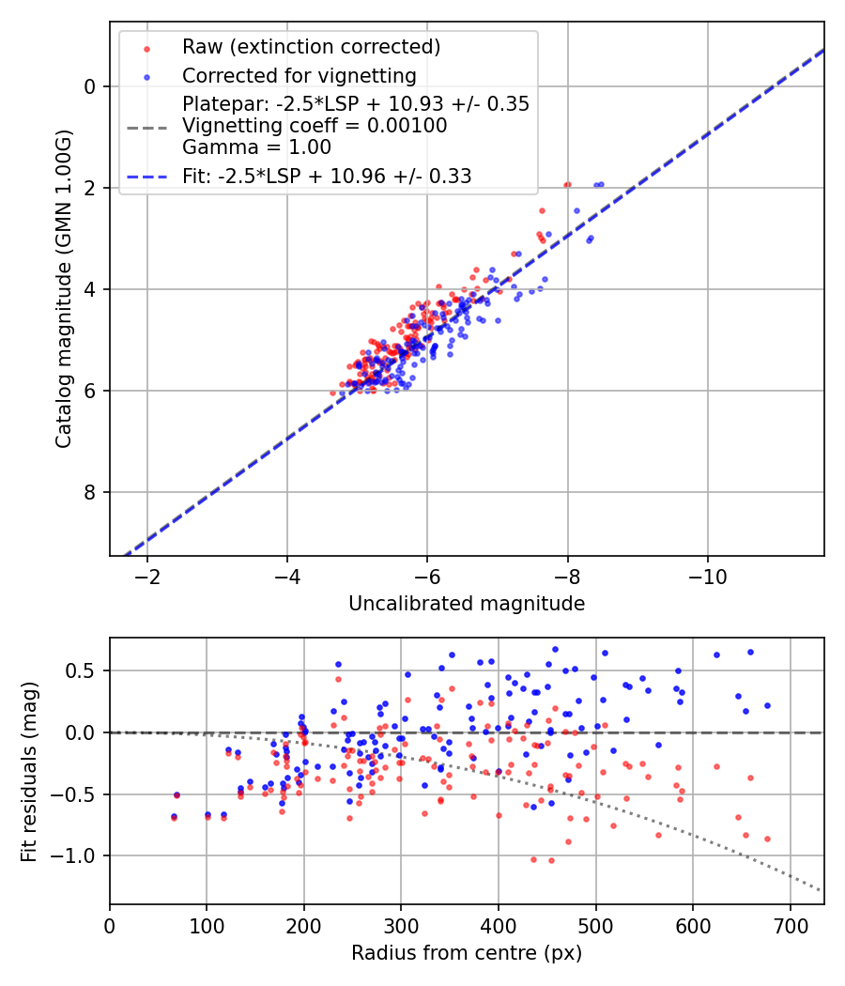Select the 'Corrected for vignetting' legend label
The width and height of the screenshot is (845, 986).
coord(299,75)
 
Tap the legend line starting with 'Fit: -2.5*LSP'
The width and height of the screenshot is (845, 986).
coord(327,176)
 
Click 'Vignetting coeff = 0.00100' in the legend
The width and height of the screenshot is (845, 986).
coord(315,126)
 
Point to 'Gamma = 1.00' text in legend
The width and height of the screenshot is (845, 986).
coord(256,147)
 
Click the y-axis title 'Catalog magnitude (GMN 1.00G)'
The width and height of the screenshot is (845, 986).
coord(63,288)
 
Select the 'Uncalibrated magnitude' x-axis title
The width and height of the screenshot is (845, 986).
coord(467,604)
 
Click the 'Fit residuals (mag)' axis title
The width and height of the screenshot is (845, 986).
coord(29,771)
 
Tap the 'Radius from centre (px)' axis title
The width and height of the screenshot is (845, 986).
coord(467,953)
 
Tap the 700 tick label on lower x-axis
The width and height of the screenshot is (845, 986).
coord(790,926)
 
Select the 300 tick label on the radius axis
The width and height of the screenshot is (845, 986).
coord(401,926)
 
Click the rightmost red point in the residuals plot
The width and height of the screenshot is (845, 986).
coord(767,839)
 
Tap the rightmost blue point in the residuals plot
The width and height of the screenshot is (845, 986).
coord(767,705)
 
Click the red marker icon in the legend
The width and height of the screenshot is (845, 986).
coord(146,47)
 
